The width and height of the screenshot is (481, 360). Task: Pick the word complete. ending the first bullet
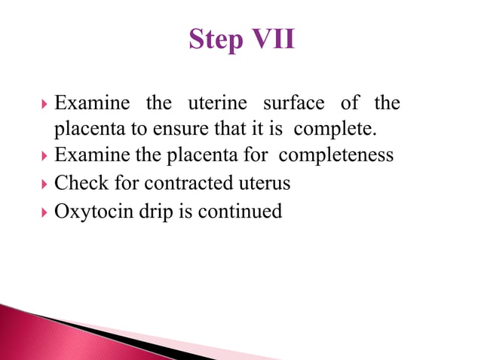point(334,129)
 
